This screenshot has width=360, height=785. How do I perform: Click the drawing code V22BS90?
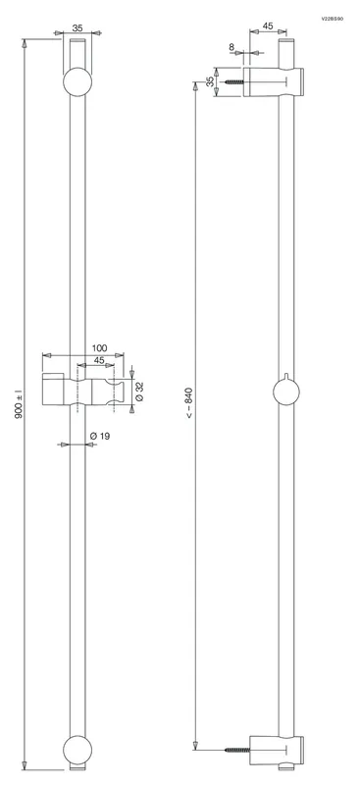[x=333, y=19]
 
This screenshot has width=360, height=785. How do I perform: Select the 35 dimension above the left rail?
[x=77, y=28]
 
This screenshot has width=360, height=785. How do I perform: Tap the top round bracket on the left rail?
[x=77, y=81]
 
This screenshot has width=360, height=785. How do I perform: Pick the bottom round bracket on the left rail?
[x=77, y=750]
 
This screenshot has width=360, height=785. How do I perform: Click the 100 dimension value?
[x=100, y=347]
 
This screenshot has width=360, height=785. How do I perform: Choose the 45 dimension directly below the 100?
[x=99, y=360]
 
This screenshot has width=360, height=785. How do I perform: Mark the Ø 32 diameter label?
[x=139, y=391]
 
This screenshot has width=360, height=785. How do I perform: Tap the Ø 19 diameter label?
[x=100, y=436]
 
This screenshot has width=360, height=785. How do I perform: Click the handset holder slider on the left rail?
[x=84, y=389]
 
